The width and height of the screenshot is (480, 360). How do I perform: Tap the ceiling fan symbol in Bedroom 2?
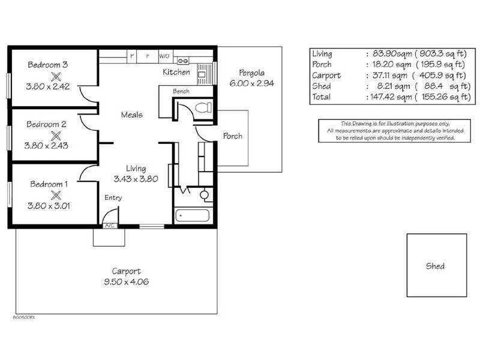(56, 136)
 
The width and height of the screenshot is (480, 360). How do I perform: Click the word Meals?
(131, 115)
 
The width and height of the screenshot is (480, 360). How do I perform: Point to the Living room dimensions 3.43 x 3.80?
(136, 179)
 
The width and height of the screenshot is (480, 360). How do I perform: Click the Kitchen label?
(176, 72)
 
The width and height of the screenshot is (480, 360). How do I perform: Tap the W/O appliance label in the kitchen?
(164, 56)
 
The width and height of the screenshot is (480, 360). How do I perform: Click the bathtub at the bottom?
(192, 215)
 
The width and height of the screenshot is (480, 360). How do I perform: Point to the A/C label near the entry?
(110, 226)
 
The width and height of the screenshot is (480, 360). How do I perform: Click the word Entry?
(113, 197)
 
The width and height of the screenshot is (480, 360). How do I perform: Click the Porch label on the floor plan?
(232, 136)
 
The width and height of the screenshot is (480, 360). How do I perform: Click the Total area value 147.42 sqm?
(389, 97)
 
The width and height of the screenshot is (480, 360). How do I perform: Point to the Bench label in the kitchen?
(181, 92)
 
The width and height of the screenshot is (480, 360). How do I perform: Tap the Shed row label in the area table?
(322, 86)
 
